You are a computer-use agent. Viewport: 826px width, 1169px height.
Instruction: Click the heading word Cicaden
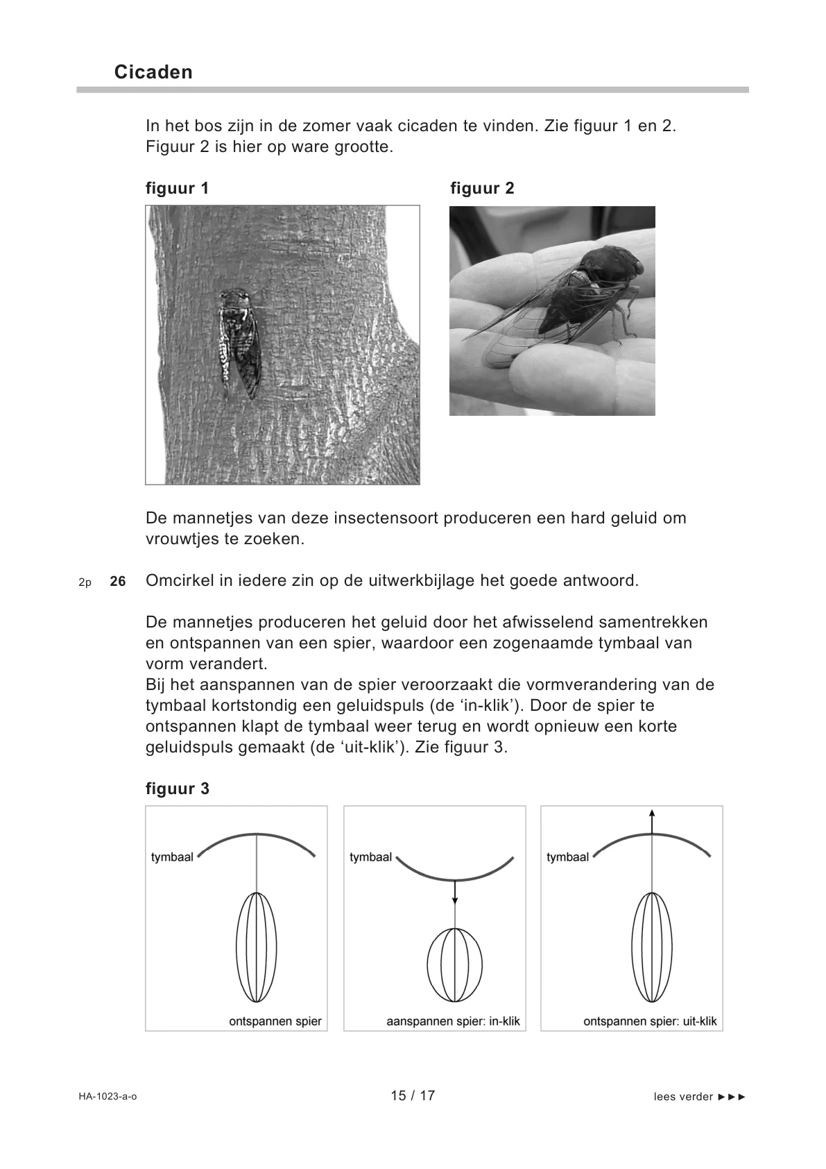coord(153,72)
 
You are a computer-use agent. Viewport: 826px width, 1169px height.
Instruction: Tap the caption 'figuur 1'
coord(177,188)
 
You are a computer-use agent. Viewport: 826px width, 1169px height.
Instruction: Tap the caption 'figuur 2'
coord(482,188)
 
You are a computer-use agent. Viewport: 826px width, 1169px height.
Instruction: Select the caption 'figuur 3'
coord(177,789)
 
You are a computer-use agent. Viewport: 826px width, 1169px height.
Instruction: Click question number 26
coord(118,582)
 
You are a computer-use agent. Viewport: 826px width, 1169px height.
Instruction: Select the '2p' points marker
coord(85,582)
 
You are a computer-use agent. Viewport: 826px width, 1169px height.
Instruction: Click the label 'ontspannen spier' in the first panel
coord(275,1022)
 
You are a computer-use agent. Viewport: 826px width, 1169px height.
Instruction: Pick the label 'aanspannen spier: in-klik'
coord(453,1022)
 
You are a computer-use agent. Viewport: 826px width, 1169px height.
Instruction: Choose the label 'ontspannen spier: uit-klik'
coord(650,1022)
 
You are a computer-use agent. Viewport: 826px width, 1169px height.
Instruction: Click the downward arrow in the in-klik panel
coord(455,892)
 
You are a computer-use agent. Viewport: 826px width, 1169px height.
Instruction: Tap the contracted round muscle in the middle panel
coord(455,965)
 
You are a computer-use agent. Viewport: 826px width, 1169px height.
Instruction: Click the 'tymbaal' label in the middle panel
coord(370,857)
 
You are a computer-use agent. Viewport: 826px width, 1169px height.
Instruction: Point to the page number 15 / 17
coord(413,1095)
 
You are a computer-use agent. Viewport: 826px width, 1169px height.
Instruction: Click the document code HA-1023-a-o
coord(107,1097)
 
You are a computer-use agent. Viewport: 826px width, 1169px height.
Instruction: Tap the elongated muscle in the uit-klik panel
coord(652,947)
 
